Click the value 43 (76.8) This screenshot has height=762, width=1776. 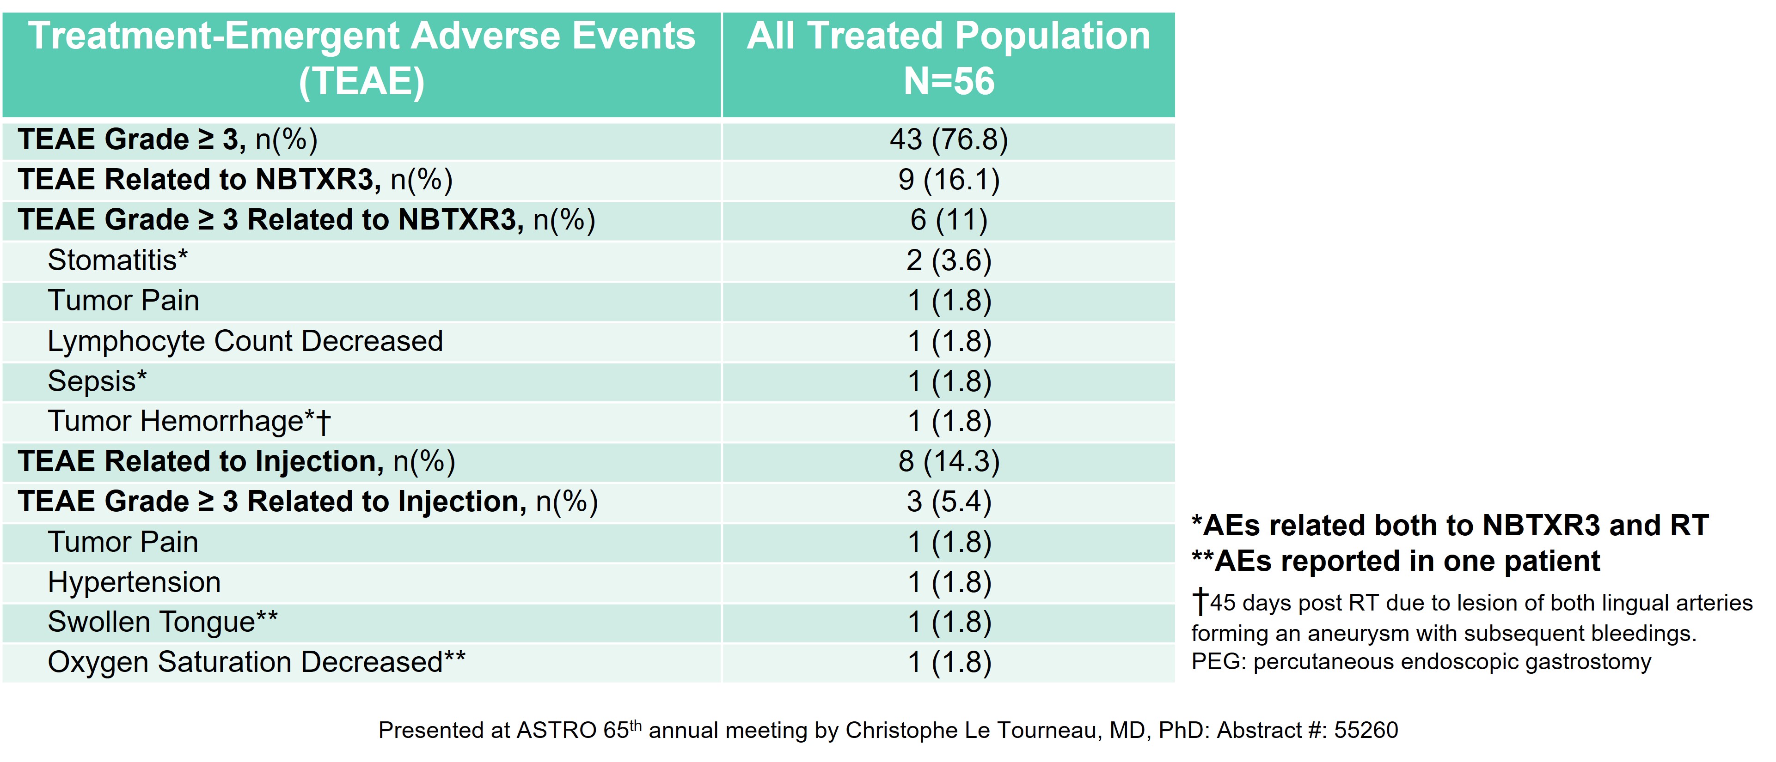coord(949,140)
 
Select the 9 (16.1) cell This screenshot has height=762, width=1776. coord(949,180)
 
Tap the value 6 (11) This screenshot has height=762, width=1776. coord(949,220)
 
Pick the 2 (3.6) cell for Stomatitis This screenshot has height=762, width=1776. coord(949,260)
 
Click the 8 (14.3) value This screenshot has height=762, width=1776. coord(949,462)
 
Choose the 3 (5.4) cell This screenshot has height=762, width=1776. coord(949,502)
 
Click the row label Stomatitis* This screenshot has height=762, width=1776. coord(117,260)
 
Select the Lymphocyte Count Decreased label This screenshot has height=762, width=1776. coord(245,341)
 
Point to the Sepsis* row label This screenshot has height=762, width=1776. coord(97,381)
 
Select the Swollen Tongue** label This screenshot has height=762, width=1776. coord(162,622)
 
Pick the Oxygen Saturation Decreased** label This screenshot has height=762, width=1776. coord(256,662)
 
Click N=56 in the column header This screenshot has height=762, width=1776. coord(949,81)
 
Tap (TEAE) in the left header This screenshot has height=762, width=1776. coord(361,81)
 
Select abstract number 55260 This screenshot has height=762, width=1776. coord(1365,730)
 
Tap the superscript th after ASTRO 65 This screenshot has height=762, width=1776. coord(636,724)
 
